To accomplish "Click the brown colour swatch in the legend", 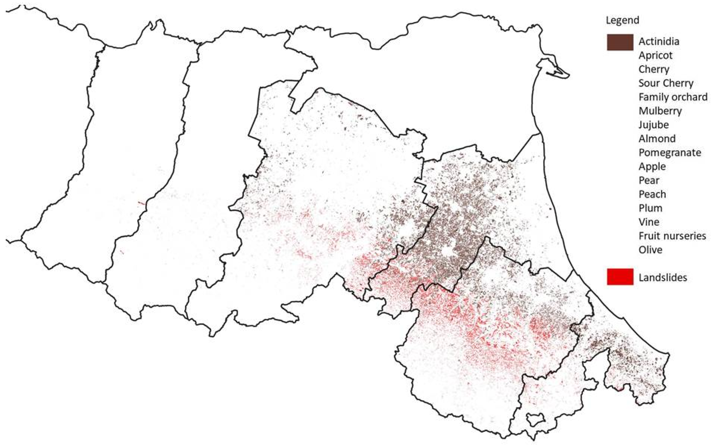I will click(x=620, y=42).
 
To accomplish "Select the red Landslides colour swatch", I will click(x=620, y=277).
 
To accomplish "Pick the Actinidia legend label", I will click(x=659, y=41).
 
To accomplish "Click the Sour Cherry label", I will click(x=666, y=83).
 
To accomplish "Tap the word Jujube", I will click(x=654, y=125).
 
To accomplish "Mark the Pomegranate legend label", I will click(x=670, y=152).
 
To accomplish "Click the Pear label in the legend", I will click(x=649, y=180).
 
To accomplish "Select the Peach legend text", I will click(x=652, y=194).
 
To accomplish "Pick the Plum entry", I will click(x=650, y=208).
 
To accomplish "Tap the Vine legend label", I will click(x=649, y=222).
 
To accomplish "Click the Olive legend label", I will click(x=650, y=250).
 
